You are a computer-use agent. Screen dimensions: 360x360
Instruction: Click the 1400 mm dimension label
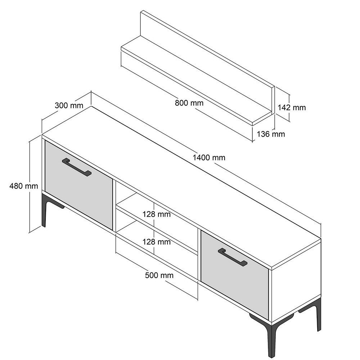pos(209,158)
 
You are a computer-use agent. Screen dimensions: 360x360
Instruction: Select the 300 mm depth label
pos(69,105)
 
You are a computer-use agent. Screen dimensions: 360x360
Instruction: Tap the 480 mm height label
pos(24,186)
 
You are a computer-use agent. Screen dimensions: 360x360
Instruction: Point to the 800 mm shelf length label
pos(189,103)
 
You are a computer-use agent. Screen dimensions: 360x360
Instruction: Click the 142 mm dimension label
pos(292,107)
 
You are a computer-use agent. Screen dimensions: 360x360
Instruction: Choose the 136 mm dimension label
pos(271,134)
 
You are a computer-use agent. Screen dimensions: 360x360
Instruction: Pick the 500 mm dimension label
pos(159,275)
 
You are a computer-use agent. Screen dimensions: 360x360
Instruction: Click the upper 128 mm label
pos(157,214)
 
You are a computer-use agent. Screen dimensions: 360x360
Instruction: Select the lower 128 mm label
pos(157,242)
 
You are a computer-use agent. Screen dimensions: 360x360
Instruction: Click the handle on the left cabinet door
pos(77,167)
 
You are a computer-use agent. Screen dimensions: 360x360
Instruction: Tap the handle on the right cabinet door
pos(233,257)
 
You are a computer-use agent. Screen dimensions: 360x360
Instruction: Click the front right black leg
pos(271,340)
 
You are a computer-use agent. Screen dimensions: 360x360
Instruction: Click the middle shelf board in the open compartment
pos(157,230)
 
